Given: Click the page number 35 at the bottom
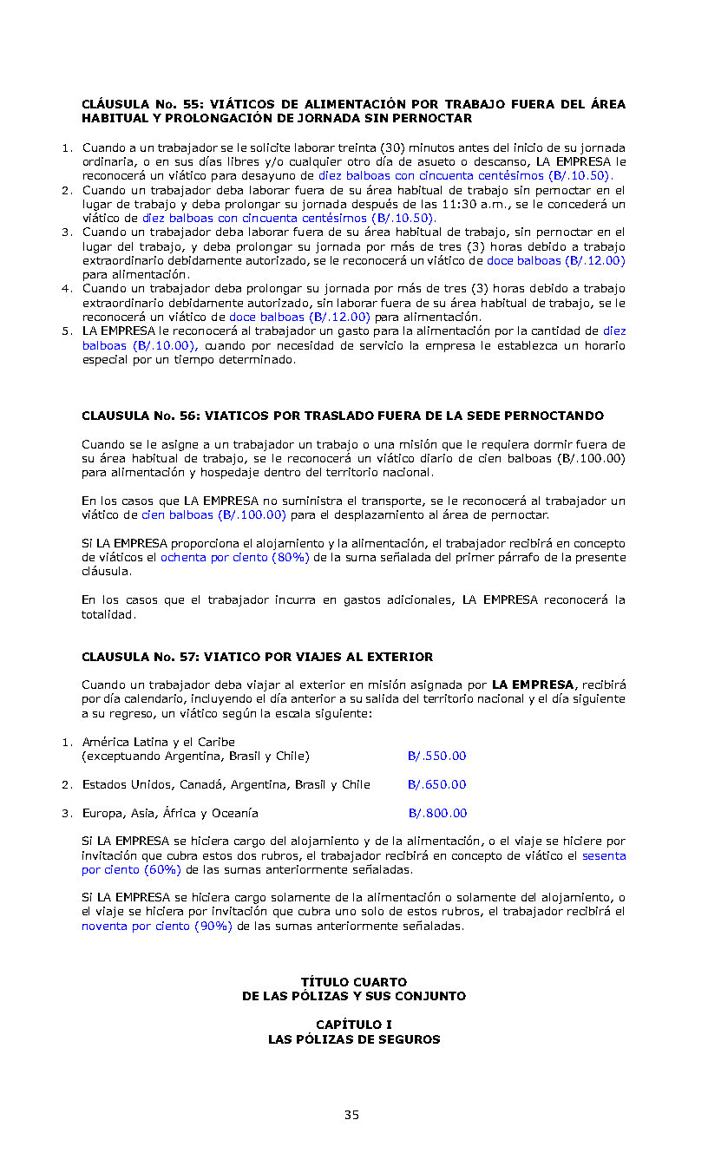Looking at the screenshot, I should (x=351, y=1115).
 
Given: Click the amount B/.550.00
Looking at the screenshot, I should (x=436, y=756).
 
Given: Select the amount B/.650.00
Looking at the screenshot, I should (x=436, y=784).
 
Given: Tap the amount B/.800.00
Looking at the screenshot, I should (x=437, y=813).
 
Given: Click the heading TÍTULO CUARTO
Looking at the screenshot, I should (x=353, y=982).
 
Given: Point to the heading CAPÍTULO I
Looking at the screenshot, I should (x=353, y=1025).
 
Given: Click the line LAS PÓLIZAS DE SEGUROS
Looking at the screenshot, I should (x=353, y=1039).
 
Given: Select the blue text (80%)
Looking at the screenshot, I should (x=290, y=558).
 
